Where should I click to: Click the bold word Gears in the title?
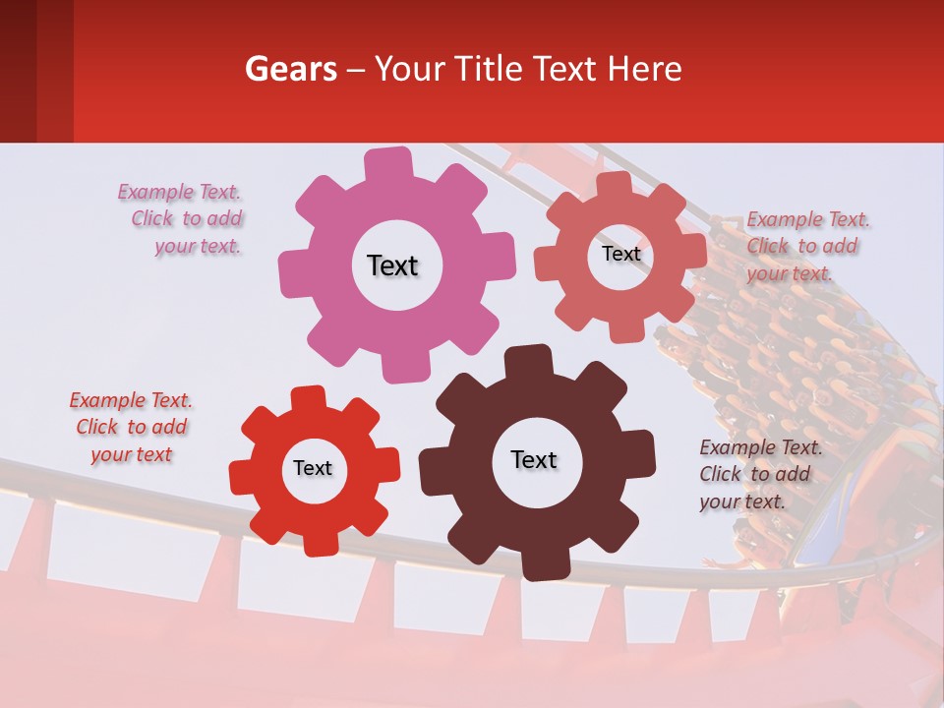(290, 69)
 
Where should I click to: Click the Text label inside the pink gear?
(392, 265)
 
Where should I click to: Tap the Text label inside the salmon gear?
(620, 254)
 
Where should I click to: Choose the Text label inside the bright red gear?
(313, 468)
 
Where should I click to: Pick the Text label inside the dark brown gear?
(534, 459)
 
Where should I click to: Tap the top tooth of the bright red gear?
(308, 397)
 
